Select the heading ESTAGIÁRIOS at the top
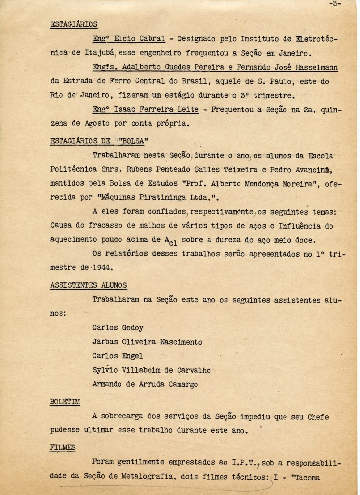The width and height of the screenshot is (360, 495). pyautogui.click(x=74, y=24)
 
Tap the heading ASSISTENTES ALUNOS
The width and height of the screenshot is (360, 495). pyautogui.click(x=88, y=285)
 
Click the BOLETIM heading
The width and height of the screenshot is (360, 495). pyautogui.click(x=65, y=402)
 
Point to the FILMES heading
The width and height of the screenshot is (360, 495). pyautogui.click(x=63, y=448)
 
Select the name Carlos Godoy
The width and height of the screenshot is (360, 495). pyautogui.click(x=118, y=328)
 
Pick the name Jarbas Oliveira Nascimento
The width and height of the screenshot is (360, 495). pyautogui.click(x=147, y=342)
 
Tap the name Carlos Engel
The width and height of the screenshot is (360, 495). pyautogui.click(x=117, y=356)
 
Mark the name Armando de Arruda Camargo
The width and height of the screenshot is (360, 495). pyautogui.click(x=144, y=384)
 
